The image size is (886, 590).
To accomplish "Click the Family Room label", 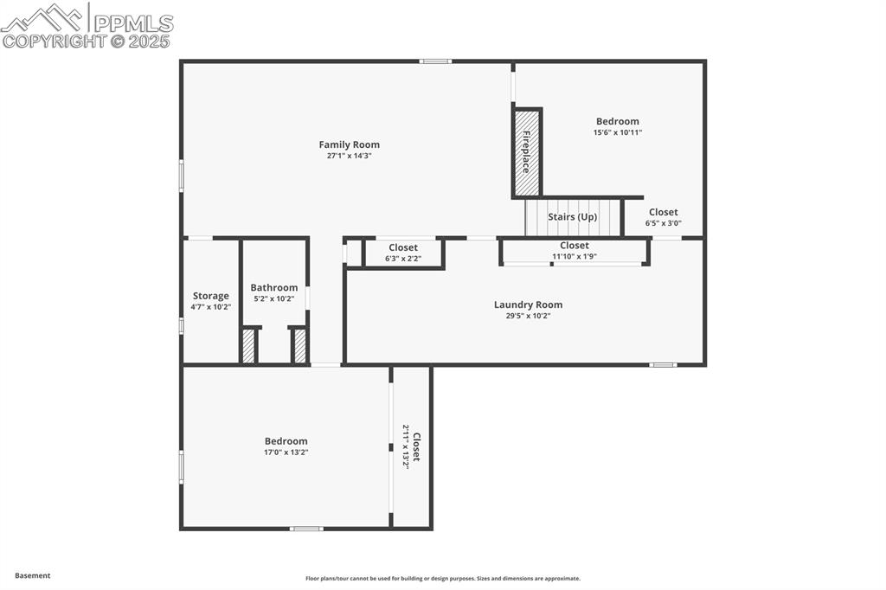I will (x=349, y=144).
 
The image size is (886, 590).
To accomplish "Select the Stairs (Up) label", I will (x=572, y=217).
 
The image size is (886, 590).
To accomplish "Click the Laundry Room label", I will (x=528, y=305).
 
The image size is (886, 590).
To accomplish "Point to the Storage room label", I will (x=210, y=296).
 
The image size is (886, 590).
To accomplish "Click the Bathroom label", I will (x=273, y=287).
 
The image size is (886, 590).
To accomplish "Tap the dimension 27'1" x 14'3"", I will (x=349, y=157).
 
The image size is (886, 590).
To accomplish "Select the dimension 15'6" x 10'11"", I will (x=617, y=133).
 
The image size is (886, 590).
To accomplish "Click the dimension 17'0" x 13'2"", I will (x=286, y=452).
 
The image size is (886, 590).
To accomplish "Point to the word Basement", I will (x=33, y=575).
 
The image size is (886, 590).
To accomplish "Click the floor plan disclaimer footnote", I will (x=442, y=579).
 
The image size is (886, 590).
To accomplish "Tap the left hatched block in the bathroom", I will (x=248, y=346).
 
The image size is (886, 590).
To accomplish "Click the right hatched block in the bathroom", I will (x=300, y=346).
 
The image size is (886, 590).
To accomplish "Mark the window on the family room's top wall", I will (x=435, y=61).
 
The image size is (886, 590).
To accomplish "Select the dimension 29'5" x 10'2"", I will (x=528, y=317).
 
